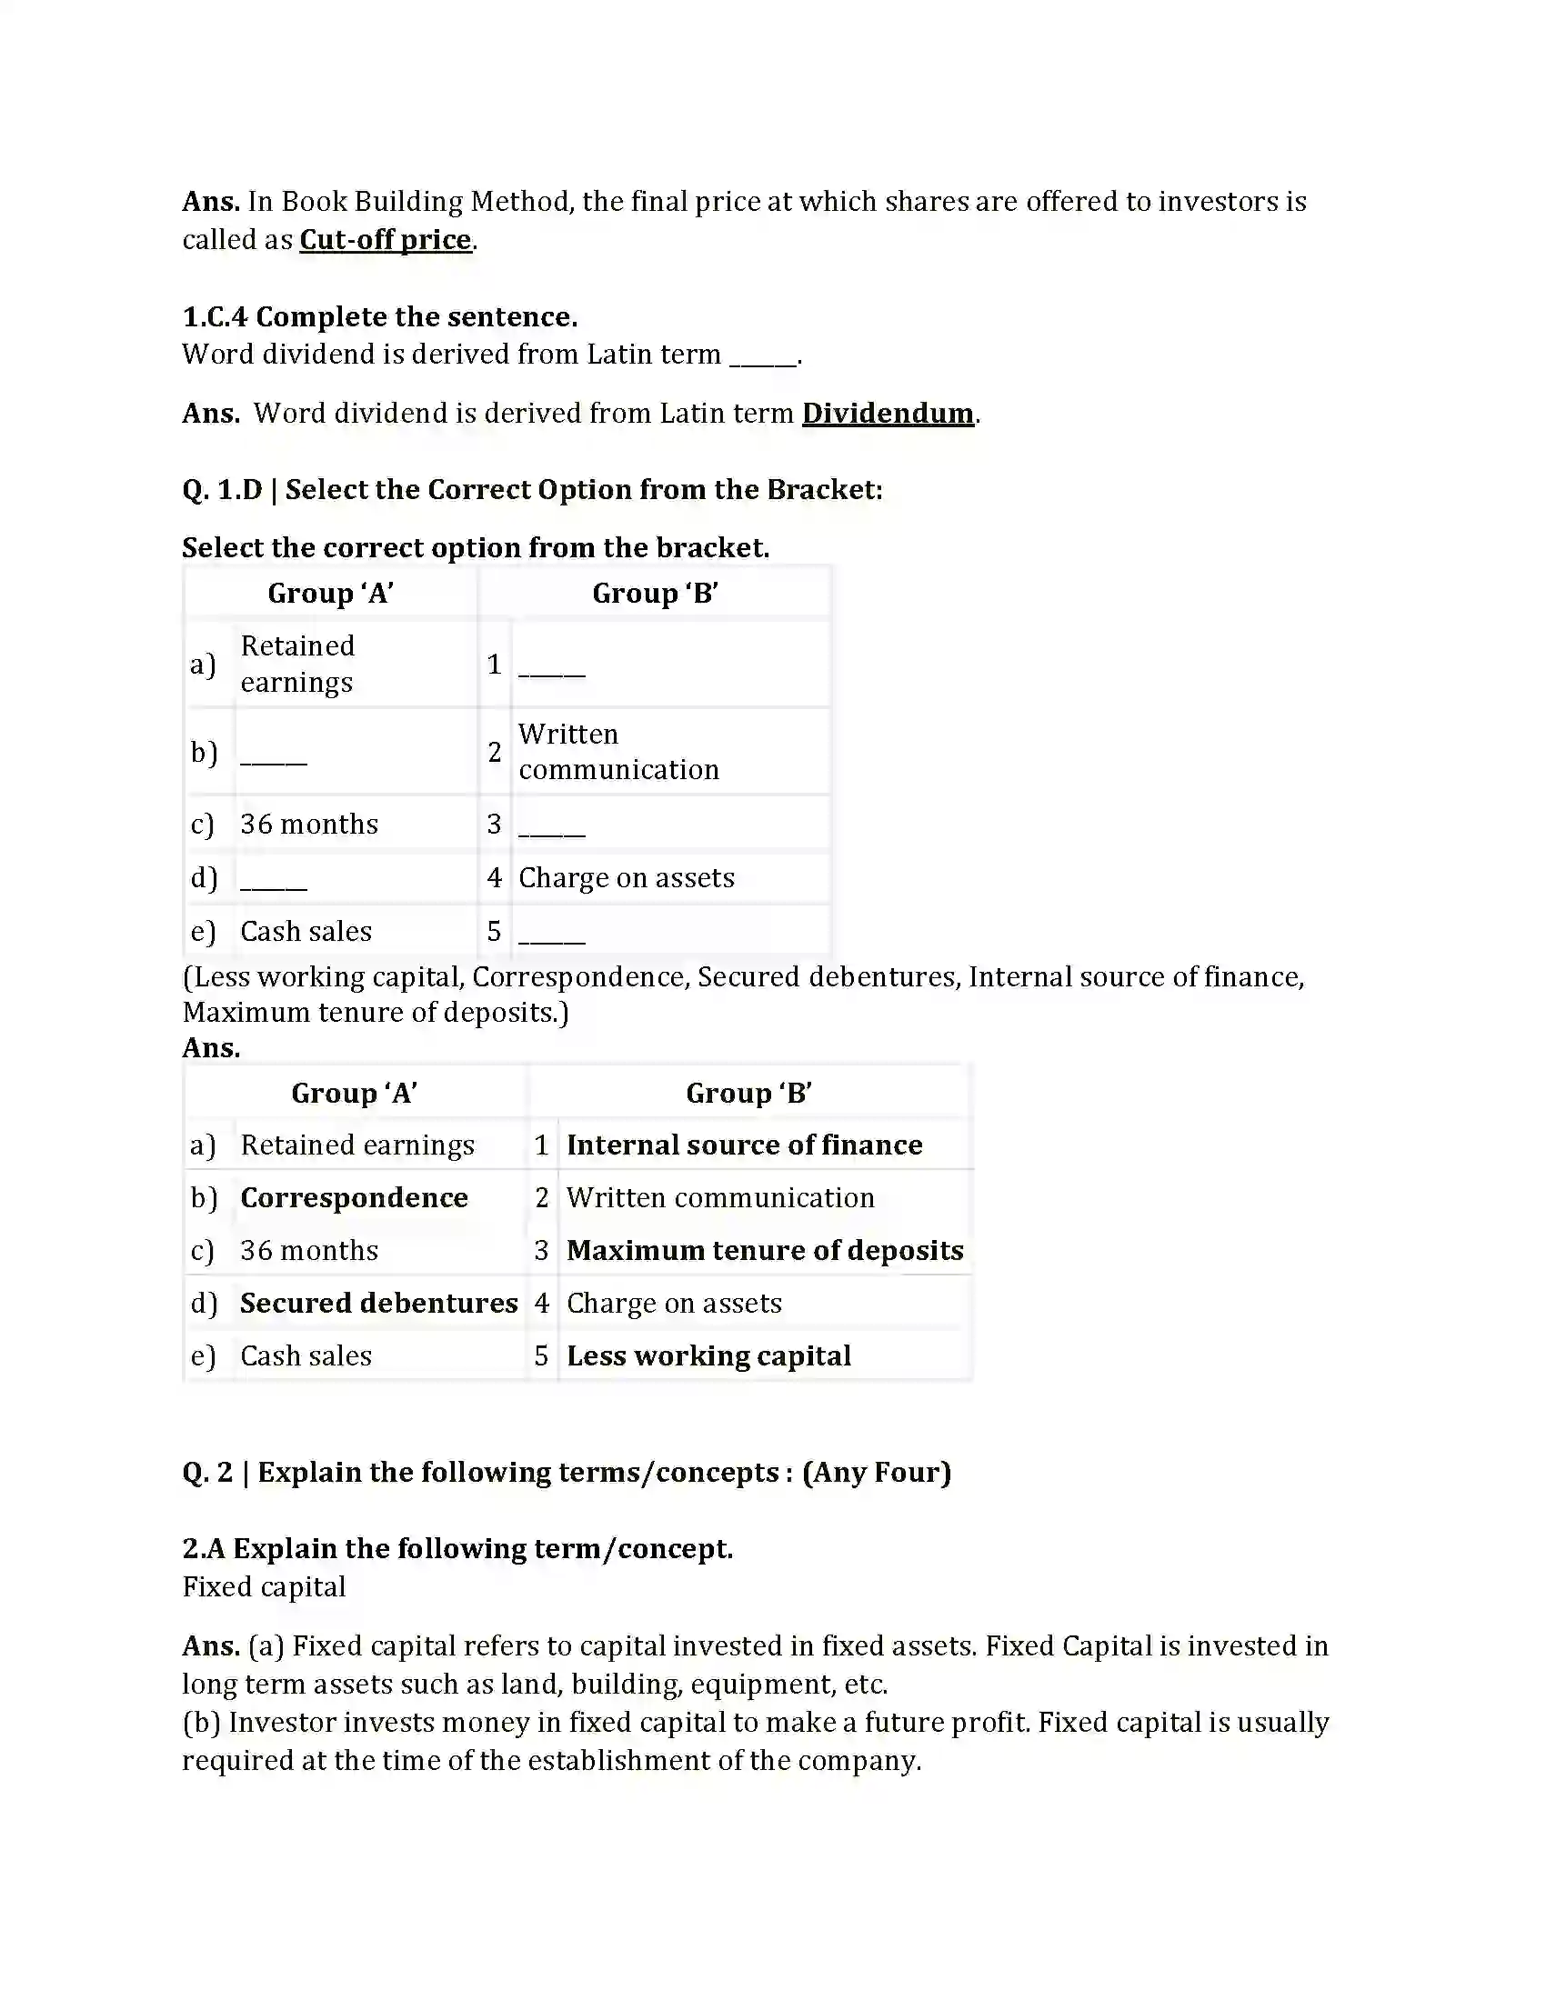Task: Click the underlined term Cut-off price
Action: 385,240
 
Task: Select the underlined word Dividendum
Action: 887,413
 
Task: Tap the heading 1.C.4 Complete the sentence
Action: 379,317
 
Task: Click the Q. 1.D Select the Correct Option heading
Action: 531,489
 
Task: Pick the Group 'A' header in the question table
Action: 330,594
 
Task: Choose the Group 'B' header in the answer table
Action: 748,1093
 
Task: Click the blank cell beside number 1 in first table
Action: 552,665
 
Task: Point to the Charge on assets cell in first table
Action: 626,877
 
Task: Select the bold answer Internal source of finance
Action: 744,1145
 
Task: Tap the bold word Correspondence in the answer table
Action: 354,1198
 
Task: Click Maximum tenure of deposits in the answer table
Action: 764,1250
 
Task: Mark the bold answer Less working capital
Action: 708,1355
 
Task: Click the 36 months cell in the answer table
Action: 308,1250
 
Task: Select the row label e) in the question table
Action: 203,931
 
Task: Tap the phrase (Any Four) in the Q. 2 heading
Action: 877,1472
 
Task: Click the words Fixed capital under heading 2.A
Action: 264,1586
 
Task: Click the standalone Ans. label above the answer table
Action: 211,1047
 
